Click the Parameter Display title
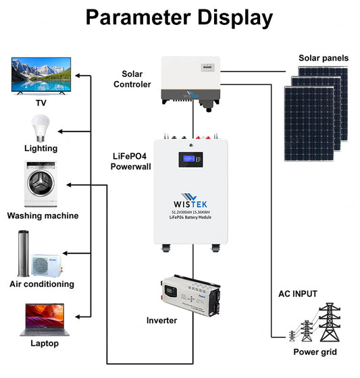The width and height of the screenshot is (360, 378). coord(180,18)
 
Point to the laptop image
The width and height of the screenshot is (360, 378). coord(41,319)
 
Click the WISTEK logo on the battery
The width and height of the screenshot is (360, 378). coord(193,203)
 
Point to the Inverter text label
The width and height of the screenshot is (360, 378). coord(161,320)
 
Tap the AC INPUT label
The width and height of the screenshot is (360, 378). coord(297,294)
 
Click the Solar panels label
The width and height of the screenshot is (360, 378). coord(324,58)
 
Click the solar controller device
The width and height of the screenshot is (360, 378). coord(194,79)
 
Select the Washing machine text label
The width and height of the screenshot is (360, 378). coord(43,216)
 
